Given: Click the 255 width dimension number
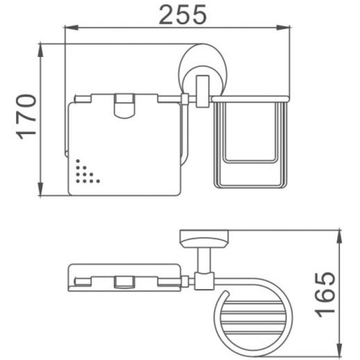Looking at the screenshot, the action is [183, 15].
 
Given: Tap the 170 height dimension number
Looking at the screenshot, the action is [26, 117].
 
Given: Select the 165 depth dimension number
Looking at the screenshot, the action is [325, 295].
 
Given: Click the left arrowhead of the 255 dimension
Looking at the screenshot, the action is [72, 28].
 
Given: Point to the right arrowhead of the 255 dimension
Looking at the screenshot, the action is [283, 28].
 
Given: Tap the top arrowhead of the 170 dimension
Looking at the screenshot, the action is [40, 51].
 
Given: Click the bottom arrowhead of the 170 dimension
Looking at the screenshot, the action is [40, 189].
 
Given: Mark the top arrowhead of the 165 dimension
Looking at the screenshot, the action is [339, 237].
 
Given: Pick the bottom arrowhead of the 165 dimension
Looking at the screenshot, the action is [339, 350].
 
